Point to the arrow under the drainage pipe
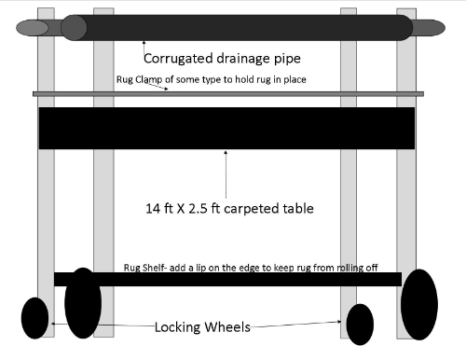pyautogui.click(x=144, y=43)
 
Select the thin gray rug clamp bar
pyautogui.click(x=280, y=94)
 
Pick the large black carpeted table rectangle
pyautogui.click(x=226, y=128)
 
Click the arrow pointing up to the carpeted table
pyautogui.click(x=226, y=173)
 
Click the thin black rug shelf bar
pyautogui.click(x=233, y=279)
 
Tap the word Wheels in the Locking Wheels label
pyautogui.click(x=231, y=328)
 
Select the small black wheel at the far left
pyautogui.click(x=34, y=318)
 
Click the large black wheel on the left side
pyautogui.click(x=83, y=303)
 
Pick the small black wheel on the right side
pyautogui.click(x=359, y=325)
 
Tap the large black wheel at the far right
pyautogui.click(x=418, y=304)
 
